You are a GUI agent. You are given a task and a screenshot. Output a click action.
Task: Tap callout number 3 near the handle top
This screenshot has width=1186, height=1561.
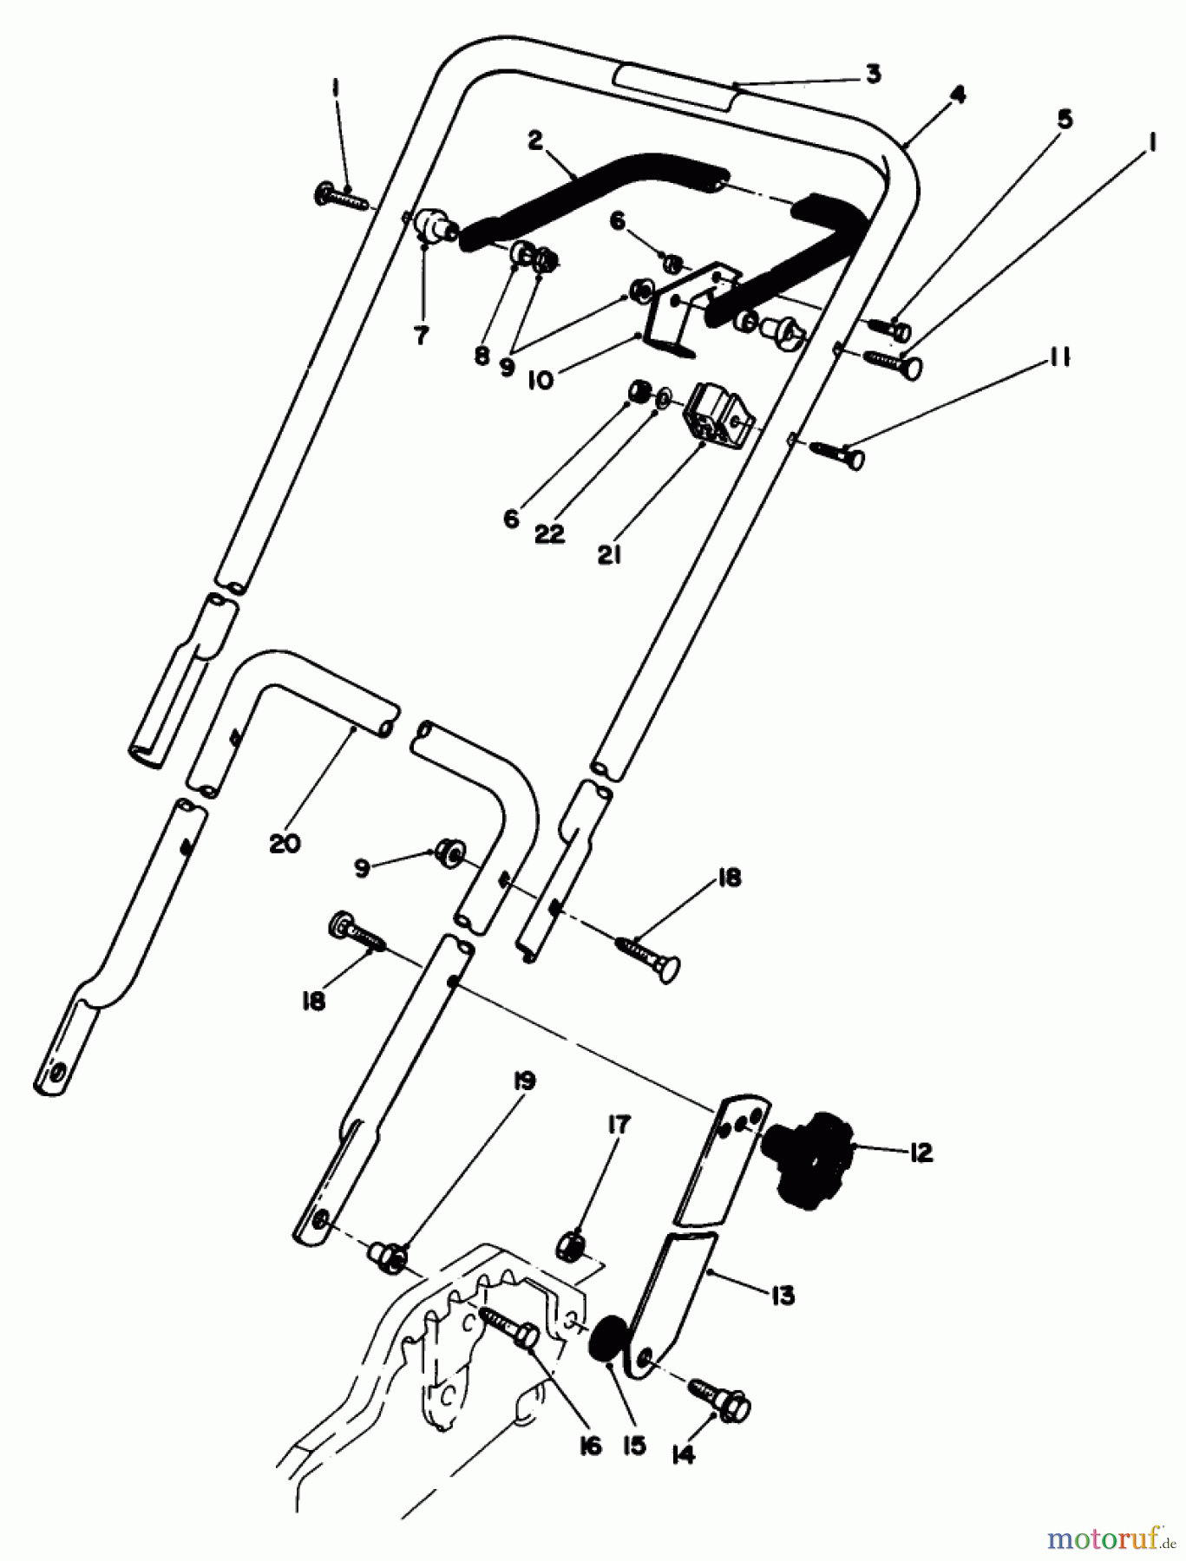tap(873, 75)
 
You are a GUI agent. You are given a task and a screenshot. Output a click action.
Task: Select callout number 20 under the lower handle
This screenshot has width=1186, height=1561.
tap(285, 841)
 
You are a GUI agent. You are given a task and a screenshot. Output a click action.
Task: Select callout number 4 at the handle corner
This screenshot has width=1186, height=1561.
tap(957, 95)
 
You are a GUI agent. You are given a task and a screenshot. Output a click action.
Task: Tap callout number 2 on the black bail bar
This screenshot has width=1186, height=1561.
tap(534, 140)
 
